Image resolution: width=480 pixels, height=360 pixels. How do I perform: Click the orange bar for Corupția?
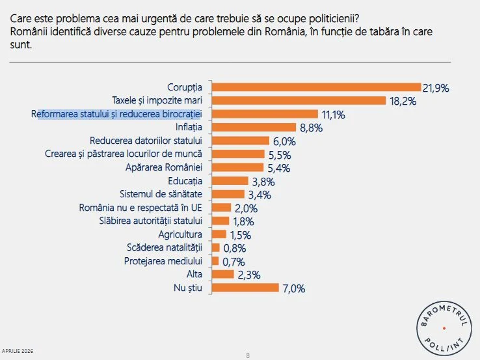[x=316, y=87]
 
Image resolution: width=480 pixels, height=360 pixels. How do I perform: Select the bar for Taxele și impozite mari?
[x=299, y=100]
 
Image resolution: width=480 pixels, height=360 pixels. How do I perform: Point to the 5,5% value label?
[x=278, y=155]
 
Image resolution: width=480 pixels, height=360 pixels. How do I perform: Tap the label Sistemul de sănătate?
[x=162, y=194]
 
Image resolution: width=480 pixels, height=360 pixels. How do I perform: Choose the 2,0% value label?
[x=246, y=209]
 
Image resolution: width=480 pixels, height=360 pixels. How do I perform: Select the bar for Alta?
[x=222, y=274]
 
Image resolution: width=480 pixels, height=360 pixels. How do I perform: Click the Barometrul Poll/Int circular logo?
[x=445, y=328]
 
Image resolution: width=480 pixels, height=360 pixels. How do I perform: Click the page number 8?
[x=248, y=355]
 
